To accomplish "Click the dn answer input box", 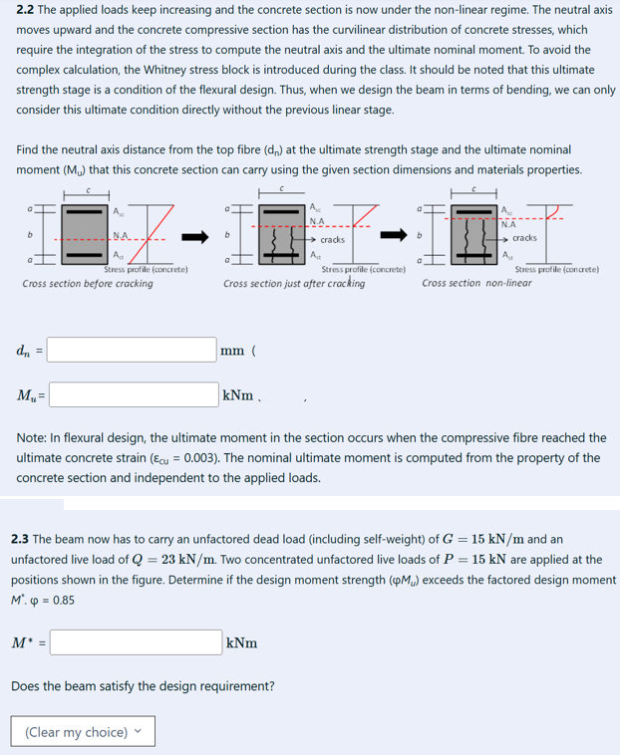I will [132, 350].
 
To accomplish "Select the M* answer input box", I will [136, 642].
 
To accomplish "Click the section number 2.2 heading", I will [28, 9].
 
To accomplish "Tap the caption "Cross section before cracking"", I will [88, 284].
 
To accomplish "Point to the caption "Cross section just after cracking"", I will [294, 284].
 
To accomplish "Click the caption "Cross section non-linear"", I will [475, 283].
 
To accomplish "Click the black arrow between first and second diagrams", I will [195, 238].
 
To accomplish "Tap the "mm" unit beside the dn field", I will [235, 351].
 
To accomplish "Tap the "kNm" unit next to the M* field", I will [242, 643].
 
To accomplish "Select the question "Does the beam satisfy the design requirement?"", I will [145, 686].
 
